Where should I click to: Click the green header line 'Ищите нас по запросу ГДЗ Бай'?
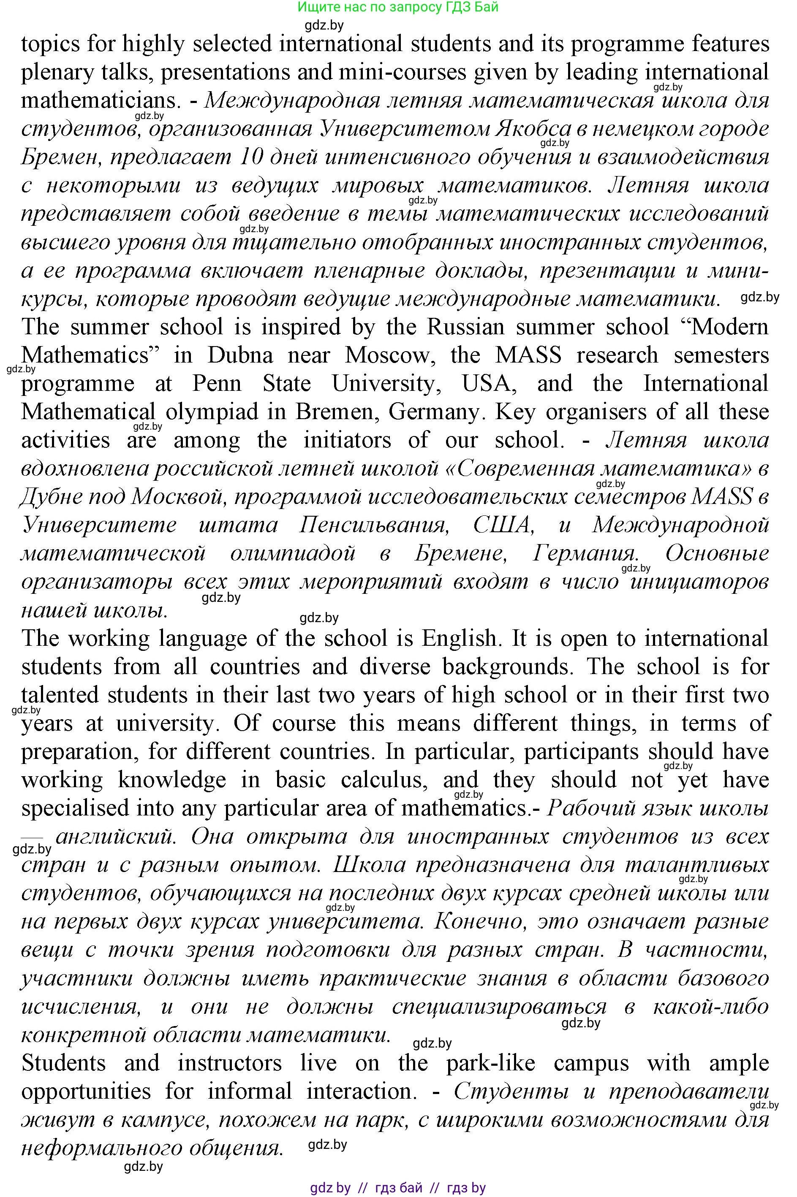(398, 7)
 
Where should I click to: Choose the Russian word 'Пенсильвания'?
(374, 525)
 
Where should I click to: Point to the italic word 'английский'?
(116, 837)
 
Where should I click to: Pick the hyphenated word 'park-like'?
(490, 1063)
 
